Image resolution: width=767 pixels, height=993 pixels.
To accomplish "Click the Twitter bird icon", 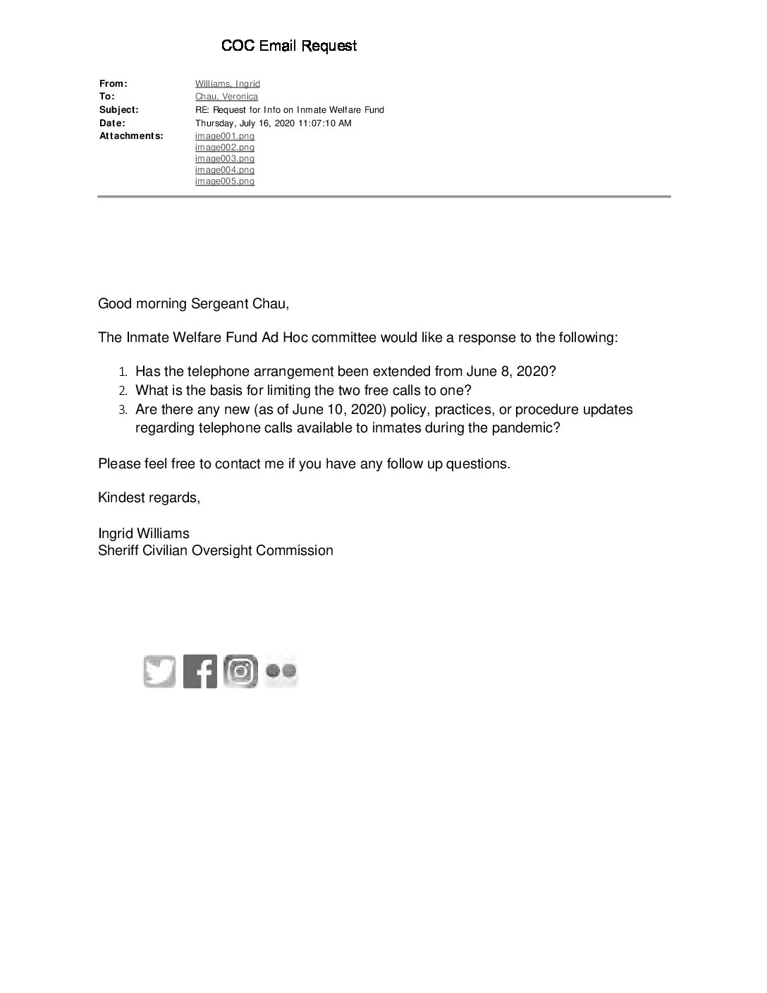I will (x=159, y=671).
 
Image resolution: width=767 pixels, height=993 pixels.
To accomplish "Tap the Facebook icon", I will (x=200, y=671).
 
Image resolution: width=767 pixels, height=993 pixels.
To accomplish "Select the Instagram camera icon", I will (x=240, y=671).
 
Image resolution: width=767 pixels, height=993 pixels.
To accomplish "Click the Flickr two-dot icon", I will (x=281, y=671).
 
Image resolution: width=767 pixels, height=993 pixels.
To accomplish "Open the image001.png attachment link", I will (x=224, y=136).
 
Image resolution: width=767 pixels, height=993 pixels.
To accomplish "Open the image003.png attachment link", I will (x=224, y=159).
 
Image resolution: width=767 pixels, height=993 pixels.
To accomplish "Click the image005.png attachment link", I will (x=224, y=181).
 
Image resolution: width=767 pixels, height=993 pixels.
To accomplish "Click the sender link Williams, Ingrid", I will (x=227, y=84).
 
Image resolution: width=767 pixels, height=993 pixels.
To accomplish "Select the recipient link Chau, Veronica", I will (x=226, y=97).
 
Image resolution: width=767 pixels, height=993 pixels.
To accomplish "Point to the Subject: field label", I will (x=119, y=110).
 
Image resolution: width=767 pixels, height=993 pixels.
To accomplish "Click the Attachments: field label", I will (x=131, y=136).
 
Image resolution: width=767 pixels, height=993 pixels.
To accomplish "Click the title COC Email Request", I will (x=289, y=46).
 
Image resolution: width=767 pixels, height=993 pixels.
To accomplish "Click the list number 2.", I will (x=122, y=391).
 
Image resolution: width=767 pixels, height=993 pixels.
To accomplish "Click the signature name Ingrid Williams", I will (x=144, y=533).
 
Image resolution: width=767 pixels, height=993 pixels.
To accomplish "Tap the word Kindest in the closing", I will (x=121, y=498).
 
